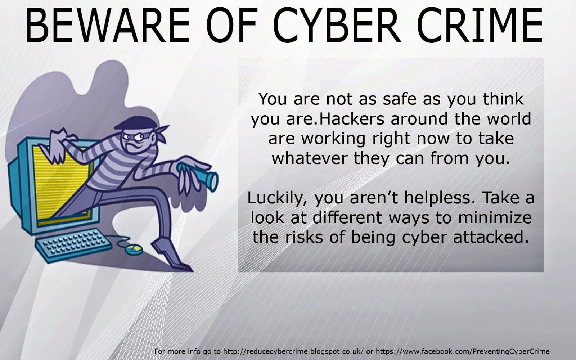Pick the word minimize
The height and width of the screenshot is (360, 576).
pyautogui.click(x=495, y=217)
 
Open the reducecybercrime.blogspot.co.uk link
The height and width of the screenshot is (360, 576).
pyautogui.click(x=293, y=351)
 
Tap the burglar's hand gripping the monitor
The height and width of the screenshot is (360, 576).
pyautogui.click(x=58, y=144)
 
